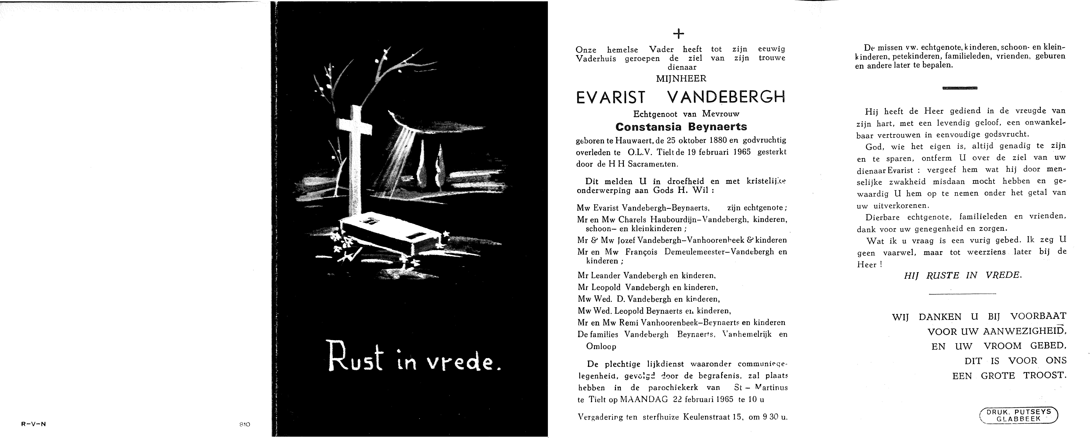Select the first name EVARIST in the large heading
click(x=610, y=98)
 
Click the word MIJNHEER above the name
click(x=681, y=78)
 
